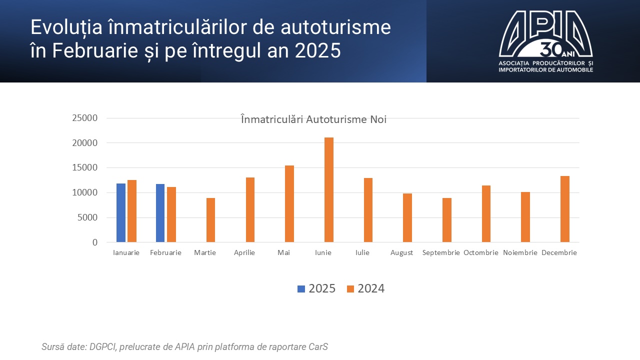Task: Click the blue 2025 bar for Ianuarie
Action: click(x=121, y=213)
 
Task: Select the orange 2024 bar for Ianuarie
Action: click(x=132, y=211)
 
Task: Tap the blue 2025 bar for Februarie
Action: click(x=160, y=213)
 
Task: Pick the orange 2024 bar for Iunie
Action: click(x=329, y=190)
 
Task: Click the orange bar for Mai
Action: click(x=289, y=204)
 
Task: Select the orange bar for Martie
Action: click(x=210, y=220)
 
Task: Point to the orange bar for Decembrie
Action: click(x=565, y=209)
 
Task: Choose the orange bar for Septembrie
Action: click(x=447, y=220)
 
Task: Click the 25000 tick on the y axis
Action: click(x=84, y=118)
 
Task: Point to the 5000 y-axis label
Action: click(x=87, y=217)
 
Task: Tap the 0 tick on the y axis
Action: click(x=94, y=242)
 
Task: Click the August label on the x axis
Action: click(x=402, y=252)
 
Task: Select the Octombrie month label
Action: click(x=481, y=252)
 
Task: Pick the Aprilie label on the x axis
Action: click(x=244, y=252)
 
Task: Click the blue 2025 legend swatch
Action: click(x=301, y=288)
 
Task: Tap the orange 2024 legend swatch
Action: click(x=350, y=288)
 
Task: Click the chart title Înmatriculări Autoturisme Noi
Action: click(x=313, y=119)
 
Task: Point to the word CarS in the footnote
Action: click(x=318, y=346)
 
